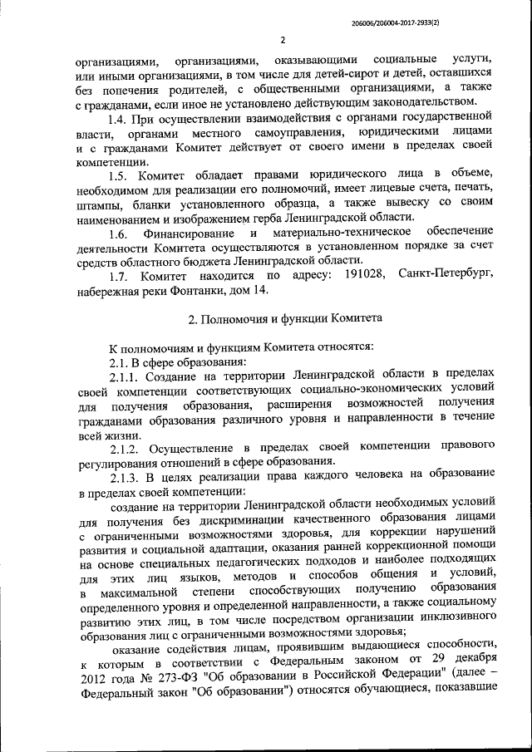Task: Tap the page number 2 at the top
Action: [x=283, y=39]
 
